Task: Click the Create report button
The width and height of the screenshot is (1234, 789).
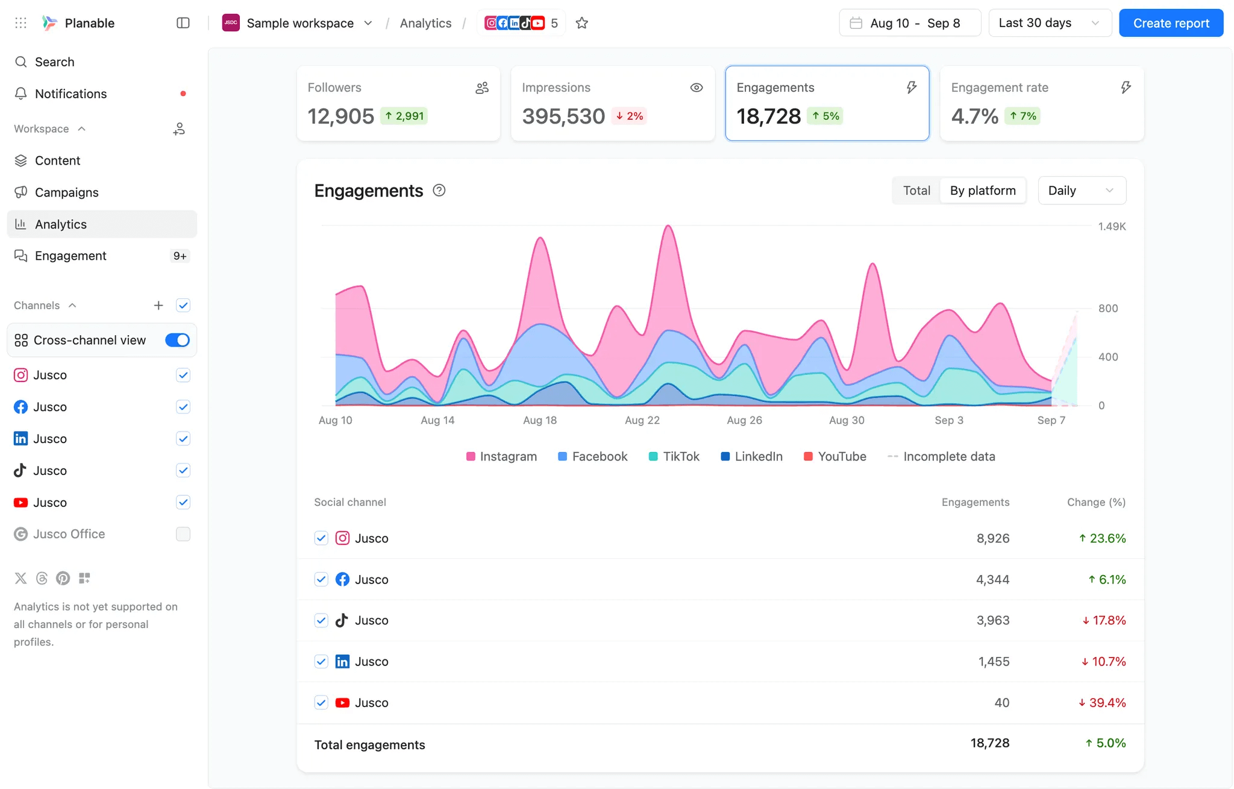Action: pyautogui.click(x=1171, y=23)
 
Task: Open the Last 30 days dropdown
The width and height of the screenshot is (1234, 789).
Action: pyautogui.click(x=1049, y=23)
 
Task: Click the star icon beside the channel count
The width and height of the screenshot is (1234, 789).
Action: pyautogui.click(x=581, y=23)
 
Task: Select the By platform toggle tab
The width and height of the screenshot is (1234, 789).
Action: pyautogui.click(x=983, y=190)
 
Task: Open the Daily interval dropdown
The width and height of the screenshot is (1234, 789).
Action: pyautogui.click(x=1081, y=190)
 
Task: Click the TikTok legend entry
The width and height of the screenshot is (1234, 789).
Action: pyautogui.click(x=674, y=456)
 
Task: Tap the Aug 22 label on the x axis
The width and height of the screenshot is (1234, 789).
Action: pyautogui.click(x=642, y=420)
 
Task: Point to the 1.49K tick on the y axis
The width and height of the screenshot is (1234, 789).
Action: pyautogui.click(x=1111, y=227)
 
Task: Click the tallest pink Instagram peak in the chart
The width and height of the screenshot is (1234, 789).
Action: pyautogui.click(x=668, y=228)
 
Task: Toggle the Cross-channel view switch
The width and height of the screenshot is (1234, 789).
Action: pyautogui.click(x=177, y=340)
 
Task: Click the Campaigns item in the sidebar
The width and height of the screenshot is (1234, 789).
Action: pyautogui.click(x=66, y=192)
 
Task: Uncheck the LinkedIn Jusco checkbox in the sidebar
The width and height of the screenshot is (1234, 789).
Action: pyautogui.click(x=183, y=439)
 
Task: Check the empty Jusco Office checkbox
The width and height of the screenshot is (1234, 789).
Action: pyautogui.click(x=183, y=534)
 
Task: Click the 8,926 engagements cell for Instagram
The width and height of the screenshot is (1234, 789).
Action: pyautogui.click(x=992, y=538)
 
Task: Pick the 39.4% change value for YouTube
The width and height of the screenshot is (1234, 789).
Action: pyautogui.click(x=1102, y=703)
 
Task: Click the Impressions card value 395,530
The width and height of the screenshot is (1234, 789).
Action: pyautogui.click(x=563, y=116)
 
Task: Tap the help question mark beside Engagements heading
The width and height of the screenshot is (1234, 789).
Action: pyautogui.click(x=439, y=190)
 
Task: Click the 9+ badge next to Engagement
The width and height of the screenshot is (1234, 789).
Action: pyautogui.click(x=180, y=256)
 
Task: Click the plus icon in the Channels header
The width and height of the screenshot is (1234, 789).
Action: pyautogui.click(x=158, y=306)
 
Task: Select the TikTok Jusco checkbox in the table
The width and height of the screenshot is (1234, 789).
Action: pyautogui.click(x=321, y=620)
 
